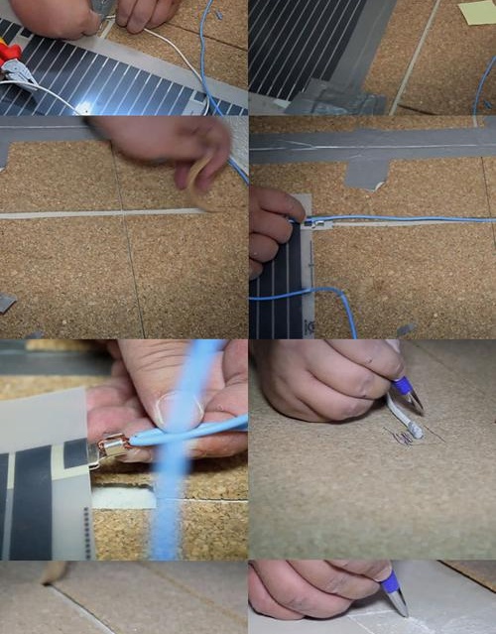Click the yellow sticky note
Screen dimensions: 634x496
tap(477, 11)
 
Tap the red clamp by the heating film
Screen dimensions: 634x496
tap(9, 51)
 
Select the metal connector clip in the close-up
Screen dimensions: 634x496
tap(111, 447)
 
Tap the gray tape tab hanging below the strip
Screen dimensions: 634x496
tap(366, 175)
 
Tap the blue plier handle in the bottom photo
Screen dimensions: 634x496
tap(390, 581)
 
